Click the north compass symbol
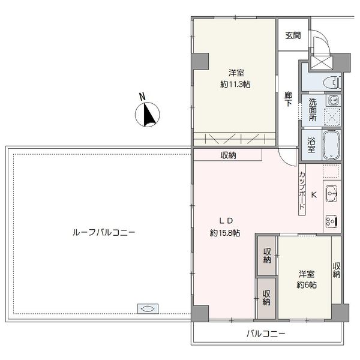click(147, 114)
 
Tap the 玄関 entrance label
click(293, 35)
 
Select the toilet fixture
click(332, 82)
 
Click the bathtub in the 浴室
click(331, 145)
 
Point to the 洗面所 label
click(312, 110)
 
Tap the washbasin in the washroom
click(332, 100)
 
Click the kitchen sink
click(331, 194)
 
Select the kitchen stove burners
click(331, 222)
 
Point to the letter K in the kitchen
click(314, 195)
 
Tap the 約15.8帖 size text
click(225, 233)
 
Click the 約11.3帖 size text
click(235, 85)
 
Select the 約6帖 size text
click(307, 285)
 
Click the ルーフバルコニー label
click(104, 233)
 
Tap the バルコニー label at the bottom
click(266, 334)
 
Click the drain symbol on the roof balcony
click(148, 309)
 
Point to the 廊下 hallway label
click(289, 99)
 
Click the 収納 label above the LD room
click(228, 155)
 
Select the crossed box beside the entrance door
click(320, 62)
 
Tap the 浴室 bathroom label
click(311, 145)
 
